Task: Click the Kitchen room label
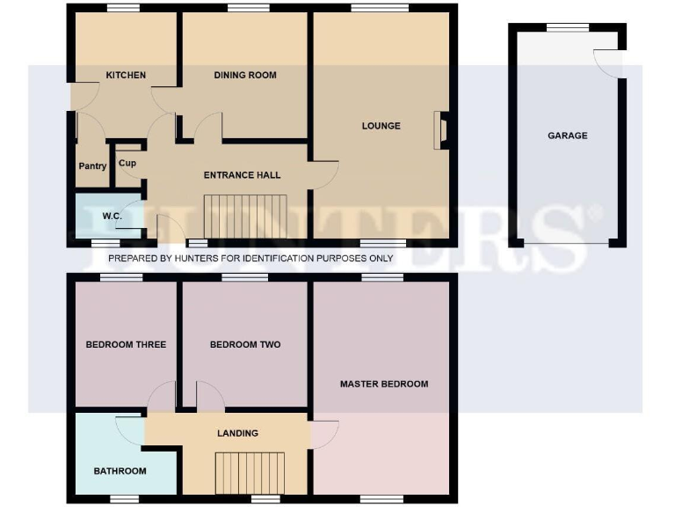click(x=126, y=75)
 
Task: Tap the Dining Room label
click(x=245, y=75)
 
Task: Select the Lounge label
click(x=381, y=126)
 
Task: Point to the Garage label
click(x=567, y=136)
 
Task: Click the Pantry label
click(x=92, y=166)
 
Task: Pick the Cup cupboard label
click(x=127, y=163)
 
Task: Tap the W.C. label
click(x=112, y=216)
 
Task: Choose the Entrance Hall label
click(x=243, y=175)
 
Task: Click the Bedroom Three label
click(x=126, y=344)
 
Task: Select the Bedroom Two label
click(x=245, y=344)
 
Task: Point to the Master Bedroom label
click(x=384, y=384)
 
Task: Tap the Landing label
click(x=238, y=433)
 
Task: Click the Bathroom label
click(x=120, y=471)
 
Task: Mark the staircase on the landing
click(x=251, y=474)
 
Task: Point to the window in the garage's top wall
click(x=567, y=27)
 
